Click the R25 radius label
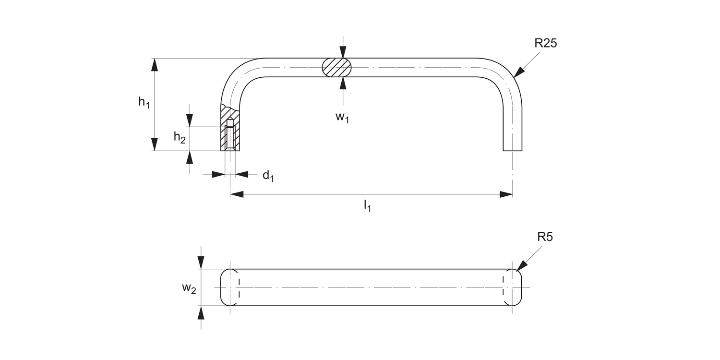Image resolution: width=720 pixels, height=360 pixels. click(x=545, y=44)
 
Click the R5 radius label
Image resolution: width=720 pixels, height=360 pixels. click(x=545, y=237)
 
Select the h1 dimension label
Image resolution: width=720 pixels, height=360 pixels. click(x=144, y=102)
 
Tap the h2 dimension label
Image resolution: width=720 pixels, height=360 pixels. click(x=180, y=137)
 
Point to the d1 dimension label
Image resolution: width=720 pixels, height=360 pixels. click(x=268, y=176)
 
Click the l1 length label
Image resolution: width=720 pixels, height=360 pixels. click(x=367, y=206)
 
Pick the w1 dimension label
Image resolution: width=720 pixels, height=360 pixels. click(x=341, y=117)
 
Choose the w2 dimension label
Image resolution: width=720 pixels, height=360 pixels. click(x=189, y=288)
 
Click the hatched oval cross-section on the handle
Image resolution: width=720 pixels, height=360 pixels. click(x=337, y=67)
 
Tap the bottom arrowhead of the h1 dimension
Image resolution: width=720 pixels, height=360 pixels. click(x=155, y=144)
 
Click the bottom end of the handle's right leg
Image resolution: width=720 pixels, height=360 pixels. click(x=512, y=150)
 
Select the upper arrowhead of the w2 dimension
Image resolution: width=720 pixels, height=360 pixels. click(x=201, y=263)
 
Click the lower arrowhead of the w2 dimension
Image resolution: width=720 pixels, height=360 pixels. click(x=201, y=312)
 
